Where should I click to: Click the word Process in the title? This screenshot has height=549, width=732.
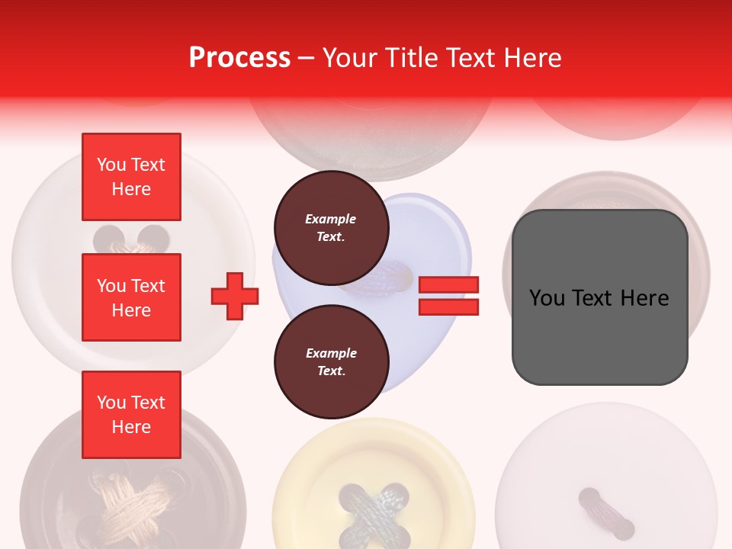coord(239,58)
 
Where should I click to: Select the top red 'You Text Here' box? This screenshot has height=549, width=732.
coord(131,177)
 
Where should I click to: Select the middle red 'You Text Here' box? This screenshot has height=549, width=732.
coord(131,297)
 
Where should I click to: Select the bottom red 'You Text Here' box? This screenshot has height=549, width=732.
coord(131,415)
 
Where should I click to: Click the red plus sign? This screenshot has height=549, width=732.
coord(235,296)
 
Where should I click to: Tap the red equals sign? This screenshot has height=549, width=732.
coord(448,296)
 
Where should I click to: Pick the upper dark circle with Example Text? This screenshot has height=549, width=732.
coord(331,227)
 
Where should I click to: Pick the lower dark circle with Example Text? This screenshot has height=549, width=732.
coord(331,361)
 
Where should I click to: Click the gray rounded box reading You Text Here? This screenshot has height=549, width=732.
coord(599,297)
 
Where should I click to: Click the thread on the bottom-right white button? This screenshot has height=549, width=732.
coord(605,513)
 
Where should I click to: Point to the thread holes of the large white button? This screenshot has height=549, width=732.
coord(131,239)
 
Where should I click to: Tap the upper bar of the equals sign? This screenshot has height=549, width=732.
coord(448,285)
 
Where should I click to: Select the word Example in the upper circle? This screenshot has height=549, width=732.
coord(331,219)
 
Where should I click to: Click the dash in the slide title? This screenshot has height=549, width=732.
coord(307,59)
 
